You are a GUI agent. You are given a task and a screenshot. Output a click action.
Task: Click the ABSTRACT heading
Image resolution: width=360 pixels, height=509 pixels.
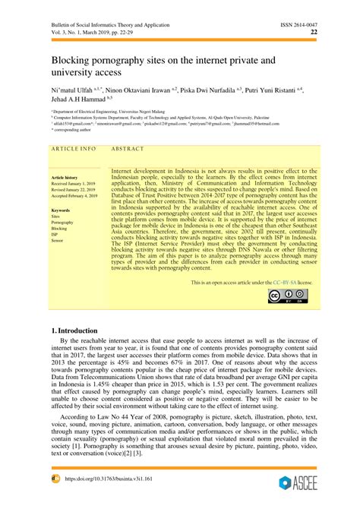pyautogui.click(x=128, y=149)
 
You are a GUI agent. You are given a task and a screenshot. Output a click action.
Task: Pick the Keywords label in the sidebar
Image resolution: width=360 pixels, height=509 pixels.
pyautogui.click(x=61, y=209)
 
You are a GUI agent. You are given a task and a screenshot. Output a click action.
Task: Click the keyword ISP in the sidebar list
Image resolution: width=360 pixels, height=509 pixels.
pyautogui.click(x=55, y=234)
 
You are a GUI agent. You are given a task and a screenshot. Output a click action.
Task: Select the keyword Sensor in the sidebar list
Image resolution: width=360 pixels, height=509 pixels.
pyautogui.click(x=58, y=240)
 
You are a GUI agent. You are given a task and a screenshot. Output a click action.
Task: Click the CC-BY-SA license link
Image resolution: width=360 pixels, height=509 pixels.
pyautogui.click(x=284, y=282)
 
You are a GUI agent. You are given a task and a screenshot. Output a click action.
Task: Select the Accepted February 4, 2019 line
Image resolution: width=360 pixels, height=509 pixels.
pyautogui.click(x=74, y=196)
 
